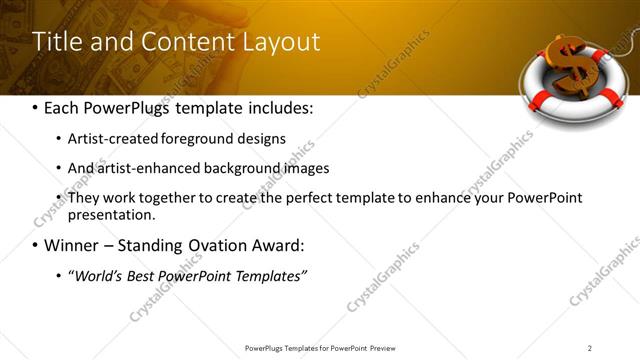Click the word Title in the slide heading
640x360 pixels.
click(57, 42)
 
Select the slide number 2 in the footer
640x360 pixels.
click(589, 348)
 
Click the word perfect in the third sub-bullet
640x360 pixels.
click(275, 198)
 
